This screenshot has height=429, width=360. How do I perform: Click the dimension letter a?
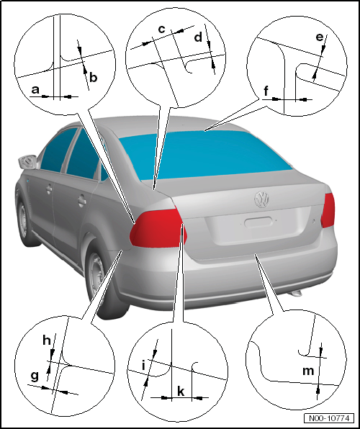[x=35, y=89]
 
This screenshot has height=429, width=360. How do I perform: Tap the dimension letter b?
[x=94, y=78]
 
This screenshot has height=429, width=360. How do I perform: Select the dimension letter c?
[x=162, y=29]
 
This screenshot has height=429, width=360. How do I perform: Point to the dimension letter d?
[x=198, y=37]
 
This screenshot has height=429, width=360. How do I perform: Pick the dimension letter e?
[x=320, y=37]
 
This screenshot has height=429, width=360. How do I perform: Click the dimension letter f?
[x=266, y=91]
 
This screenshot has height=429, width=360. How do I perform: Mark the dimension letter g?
[x=35, y=377]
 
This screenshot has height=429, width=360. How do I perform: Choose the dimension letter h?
[x=47, y=340]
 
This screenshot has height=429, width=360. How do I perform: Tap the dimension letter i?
[x=143, y=366]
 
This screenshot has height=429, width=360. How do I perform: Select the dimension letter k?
[x=181, y=392]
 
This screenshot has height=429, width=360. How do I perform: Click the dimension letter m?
[x=308, y=371]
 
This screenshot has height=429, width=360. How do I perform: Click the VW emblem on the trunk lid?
[x=261, y=199]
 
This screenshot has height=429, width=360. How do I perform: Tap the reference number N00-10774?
[x=329, y=418]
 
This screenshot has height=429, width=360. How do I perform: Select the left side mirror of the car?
[x=27, y=162]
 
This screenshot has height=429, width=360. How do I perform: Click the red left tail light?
[x=158, y=228]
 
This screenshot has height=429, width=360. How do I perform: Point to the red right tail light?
[x=328, y=210]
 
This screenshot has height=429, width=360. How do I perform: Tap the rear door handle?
[x=81, y=201]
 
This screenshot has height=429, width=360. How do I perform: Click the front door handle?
[x=49, y=189]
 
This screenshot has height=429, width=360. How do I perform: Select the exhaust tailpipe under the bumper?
[x=295, y=293]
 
